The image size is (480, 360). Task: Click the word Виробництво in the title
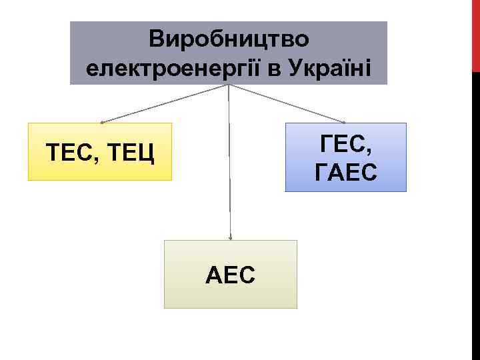coord(229,39)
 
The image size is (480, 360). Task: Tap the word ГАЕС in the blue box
coord(345,173)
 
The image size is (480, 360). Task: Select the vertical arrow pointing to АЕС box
coord(229,167)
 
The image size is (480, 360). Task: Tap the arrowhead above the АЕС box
coord(230,237)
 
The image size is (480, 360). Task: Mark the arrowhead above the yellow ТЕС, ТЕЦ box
coord(102,122)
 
